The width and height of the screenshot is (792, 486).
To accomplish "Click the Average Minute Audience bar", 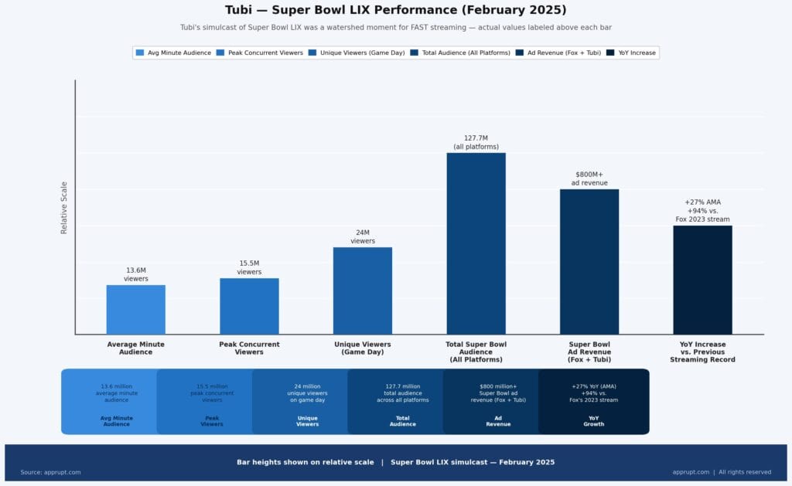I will tap(135, 309).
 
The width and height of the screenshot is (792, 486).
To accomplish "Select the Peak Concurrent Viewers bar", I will tap(249, 306).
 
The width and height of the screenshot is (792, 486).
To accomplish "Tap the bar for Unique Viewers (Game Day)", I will tap(362, 291).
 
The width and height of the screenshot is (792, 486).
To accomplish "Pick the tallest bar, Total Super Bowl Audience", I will tap(476, 243).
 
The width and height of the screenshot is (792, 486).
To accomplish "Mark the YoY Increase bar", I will tap(702, 280).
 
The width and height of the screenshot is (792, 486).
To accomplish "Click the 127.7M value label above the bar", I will tap(476, 142).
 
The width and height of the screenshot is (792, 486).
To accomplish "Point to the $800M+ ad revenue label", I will tap(589, 178).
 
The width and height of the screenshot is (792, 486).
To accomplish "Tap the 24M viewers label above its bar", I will tap(362, 236).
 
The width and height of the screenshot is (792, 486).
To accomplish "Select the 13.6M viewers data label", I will tap(135, 274).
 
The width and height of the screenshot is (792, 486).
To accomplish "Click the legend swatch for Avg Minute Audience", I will tap(140, 53).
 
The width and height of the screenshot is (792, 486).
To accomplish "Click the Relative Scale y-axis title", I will tap(64, 207).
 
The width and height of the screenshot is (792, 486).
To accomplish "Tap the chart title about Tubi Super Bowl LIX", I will tap(395, 10).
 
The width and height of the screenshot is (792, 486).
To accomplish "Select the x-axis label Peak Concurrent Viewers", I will tap(249, 348).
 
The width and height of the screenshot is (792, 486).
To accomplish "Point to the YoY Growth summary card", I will tap(593, 402).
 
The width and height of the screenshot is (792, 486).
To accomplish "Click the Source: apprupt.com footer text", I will tap(50, 472).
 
